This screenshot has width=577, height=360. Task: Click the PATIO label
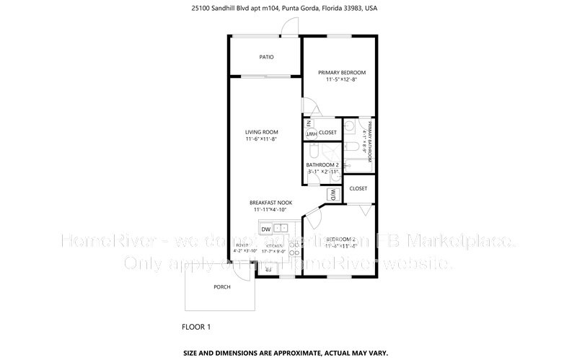(267, 57)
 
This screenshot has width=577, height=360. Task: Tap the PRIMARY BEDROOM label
(343, 73)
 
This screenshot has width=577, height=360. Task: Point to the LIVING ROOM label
(261, 132)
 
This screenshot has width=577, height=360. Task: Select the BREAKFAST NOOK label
(270, 202)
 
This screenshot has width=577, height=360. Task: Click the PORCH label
(222, 287)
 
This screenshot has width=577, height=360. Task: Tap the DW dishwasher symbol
(266, 229)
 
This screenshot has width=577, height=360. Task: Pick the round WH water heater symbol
(311, 134)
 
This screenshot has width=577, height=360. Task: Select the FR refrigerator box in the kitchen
(268, 269)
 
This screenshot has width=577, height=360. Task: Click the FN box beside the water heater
(309, 123)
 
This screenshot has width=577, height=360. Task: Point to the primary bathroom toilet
(350, 127)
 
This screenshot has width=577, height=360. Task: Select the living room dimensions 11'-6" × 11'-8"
(261, 139)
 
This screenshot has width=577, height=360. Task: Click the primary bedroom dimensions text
(343, 79)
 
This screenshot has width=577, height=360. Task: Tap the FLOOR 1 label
(195, 327)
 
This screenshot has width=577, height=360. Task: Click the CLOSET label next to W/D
(358, 188)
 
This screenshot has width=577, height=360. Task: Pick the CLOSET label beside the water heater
(328, 133)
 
